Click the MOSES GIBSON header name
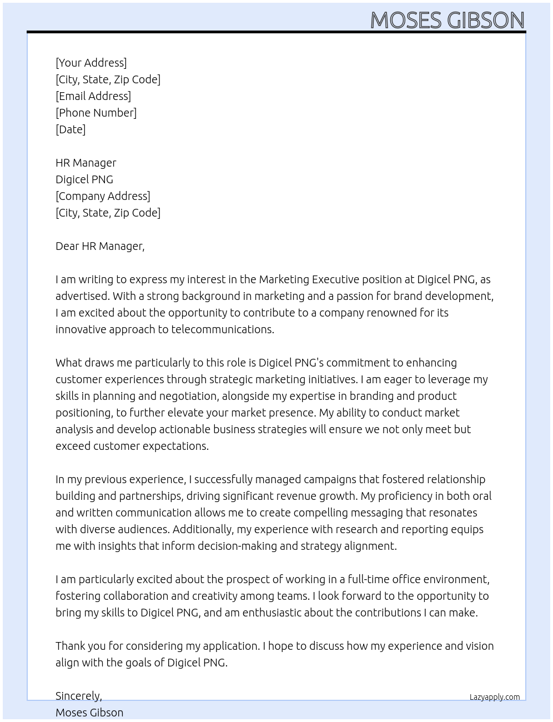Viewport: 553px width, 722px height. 447,20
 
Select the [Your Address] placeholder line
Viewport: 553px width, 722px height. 91,63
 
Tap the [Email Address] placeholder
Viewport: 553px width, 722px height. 93,96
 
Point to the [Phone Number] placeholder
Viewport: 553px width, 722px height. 96,113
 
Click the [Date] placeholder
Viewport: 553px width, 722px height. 71,129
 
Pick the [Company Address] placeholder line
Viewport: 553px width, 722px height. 103,196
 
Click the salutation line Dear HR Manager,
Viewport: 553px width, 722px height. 100,246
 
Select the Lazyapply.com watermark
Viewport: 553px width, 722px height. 495,697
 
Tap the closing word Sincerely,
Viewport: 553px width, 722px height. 79,696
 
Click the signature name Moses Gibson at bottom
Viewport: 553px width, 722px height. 89,713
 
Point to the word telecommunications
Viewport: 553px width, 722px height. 222,329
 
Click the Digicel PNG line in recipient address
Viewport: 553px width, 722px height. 84,179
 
